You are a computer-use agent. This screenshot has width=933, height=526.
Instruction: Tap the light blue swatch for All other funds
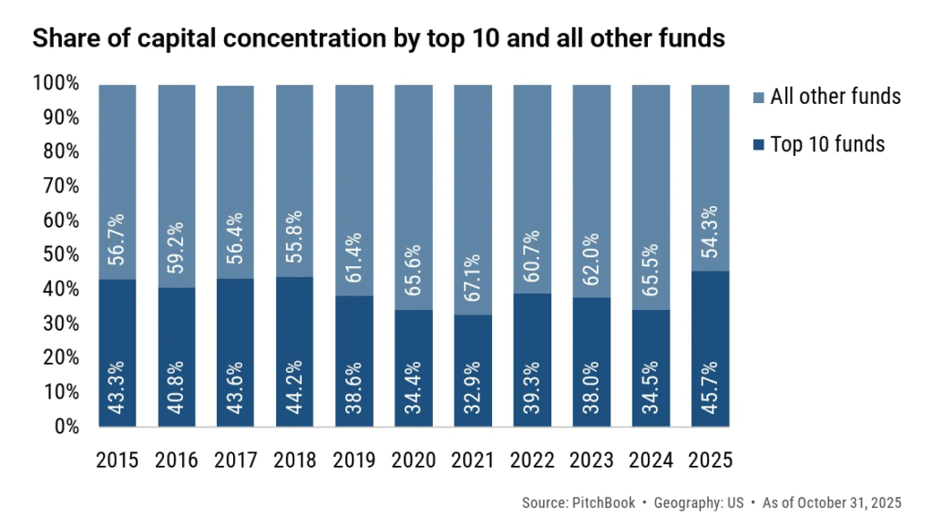[x=758, y=97]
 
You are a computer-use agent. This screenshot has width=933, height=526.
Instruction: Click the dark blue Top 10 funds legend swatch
[x=758, y=144]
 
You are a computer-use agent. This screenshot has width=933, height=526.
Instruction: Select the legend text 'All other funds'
[x=836, y=97]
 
